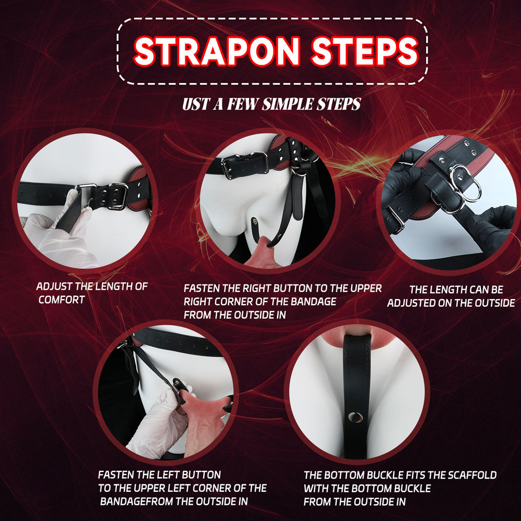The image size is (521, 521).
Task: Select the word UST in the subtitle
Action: coord(196,104)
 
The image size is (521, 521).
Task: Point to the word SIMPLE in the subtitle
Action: coord(289,104)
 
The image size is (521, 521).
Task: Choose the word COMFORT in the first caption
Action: coord(61,300)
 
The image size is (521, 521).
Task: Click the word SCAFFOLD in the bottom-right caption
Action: coord(469,475)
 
